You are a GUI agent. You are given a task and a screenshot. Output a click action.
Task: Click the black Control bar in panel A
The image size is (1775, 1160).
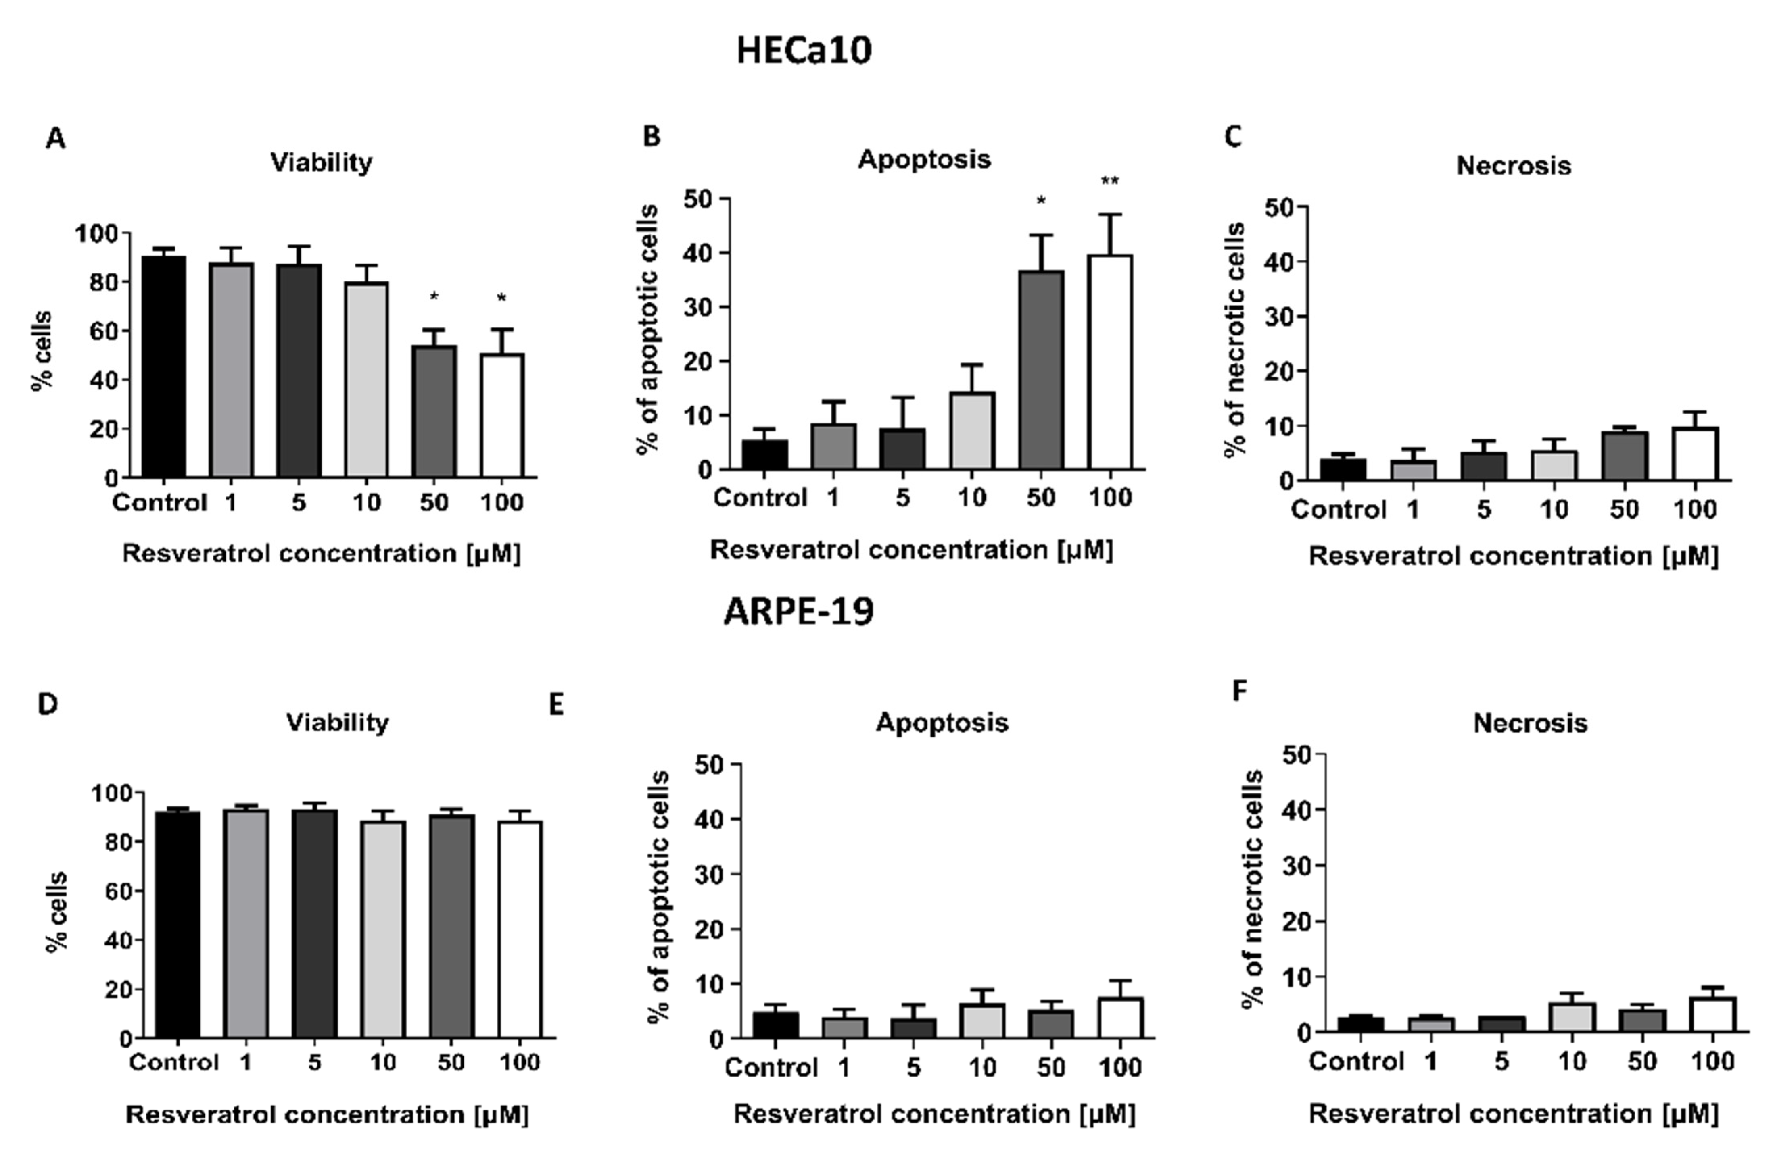163,367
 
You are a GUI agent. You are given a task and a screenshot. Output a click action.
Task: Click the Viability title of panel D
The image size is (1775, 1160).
337,723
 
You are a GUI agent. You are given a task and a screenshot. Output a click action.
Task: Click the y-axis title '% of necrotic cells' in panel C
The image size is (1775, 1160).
1235,339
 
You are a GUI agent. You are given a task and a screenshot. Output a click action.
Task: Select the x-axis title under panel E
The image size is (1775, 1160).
934,1114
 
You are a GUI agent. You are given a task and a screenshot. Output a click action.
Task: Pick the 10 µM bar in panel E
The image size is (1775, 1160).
982,1021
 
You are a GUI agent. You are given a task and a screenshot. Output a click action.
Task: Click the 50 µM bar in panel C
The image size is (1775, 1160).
1625,456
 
